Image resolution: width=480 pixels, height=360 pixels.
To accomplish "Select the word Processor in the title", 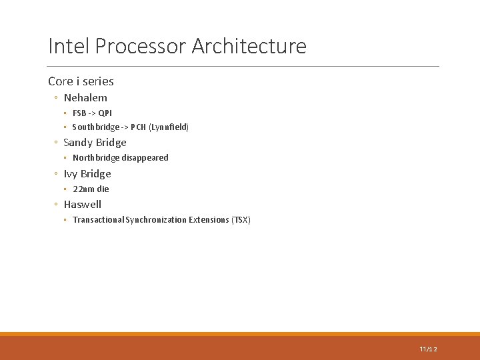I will point(141,47).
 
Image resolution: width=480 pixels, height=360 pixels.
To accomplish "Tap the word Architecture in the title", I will point(249,47).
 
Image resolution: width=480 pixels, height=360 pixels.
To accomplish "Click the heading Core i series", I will point(81,81).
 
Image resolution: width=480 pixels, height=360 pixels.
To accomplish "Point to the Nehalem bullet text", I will point(85,97).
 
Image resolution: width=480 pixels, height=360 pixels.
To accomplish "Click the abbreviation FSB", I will point(79,113).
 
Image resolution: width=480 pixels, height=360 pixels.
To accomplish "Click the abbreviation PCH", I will point(138,127).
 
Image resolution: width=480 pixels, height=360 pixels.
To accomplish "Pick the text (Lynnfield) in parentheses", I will point(169,127).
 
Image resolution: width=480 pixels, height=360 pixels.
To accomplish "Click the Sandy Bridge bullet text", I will point(95,142).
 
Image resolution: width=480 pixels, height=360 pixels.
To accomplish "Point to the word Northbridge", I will point(96,158).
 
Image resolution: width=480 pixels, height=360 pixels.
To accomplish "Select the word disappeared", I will point(145,158).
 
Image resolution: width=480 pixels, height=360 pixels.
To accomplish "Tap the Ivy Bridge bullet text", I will point(87,173).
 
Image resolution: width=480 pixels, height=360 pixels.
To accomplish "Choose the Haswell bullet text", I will point(83,204).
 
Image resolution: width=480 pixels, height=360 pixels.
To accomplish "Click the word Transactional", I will point(98,220).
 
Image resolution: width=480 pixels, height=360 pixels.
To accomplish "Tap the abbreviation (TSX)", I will point(241,220).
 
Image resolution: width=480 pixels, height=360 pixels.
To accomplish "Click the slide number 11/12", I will point(429,349).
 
